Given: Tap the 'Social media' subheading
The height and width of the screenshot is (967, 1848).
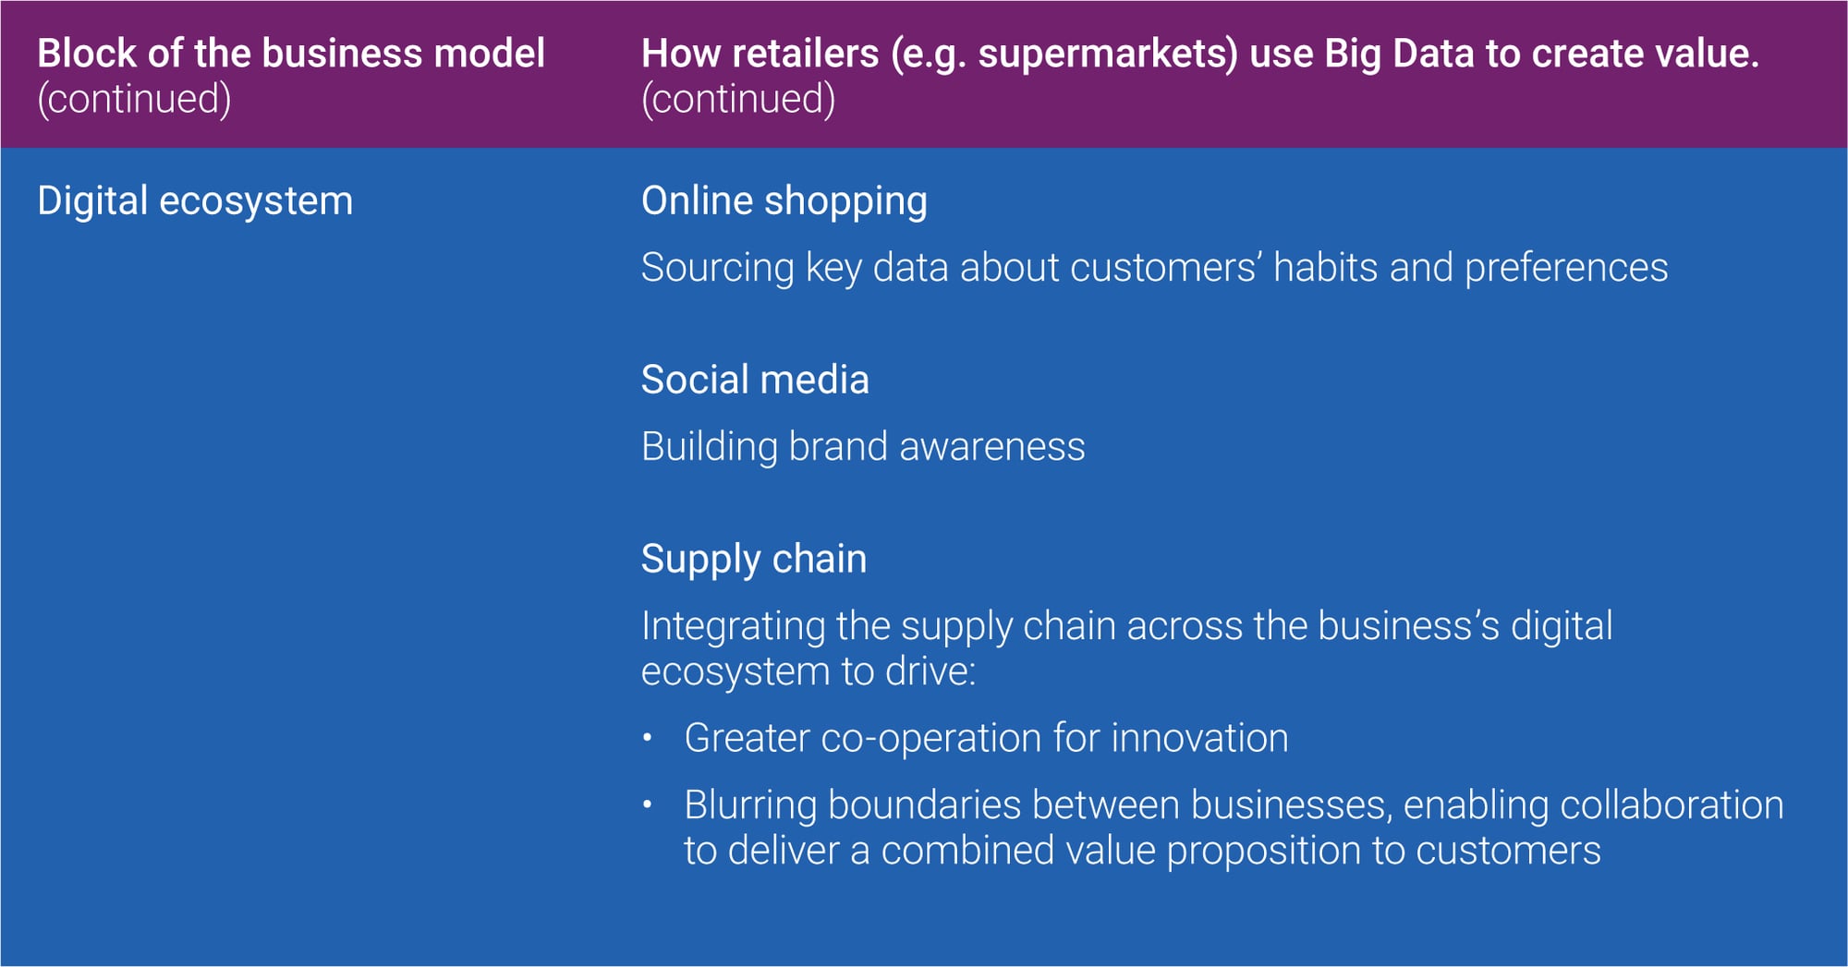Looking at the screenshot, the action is tap(755, 380).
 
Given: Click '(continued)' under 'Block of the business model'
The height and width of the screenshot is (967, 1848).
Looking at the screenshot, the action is tap(134, 99).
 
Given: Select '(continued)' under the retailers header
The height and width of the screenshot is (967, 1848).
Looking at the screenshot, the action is tap(738, 99).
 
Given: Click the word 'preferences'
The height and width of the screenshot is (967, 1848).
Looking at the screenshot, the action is tap(1566, 269).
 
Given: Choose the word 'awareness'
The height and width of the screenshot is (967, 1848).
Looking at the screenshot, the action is tap(991, 447).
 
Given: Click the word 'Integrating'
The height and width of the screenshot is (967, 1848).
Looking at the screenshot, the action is tap(734, 627).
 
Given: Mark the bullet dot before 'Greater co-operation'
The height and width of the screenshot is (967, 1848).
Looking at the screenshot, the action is tap(648, 738).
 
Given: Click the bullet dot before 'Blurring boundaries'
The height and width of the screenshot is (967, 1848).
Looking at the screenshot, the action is tap(648, 804).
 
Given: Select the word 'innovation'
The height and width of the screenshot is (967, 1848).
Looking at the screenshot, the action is tap(1199, 738).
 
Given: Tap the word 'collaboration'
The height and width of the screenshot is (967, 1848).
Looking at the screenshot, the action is tap(1672, 804).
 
